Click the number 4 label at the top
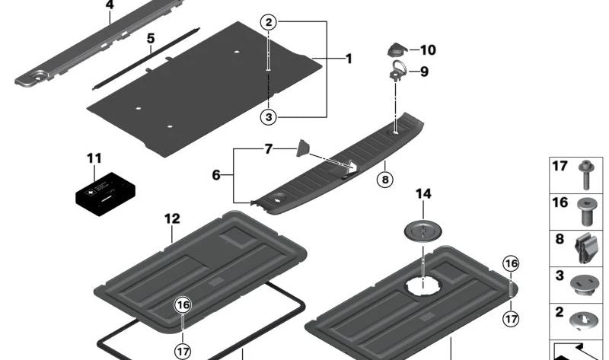[110, 5]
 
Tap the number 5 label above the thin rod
[151, 38]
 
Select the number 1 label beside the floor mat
[349, 59]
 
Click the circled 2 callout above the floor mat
[268, 23]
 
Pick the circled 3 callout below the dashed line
[268, 116]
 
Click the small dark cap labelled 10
[396, 50]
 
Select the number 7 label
[268, 149]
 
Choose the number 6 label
[215, 174]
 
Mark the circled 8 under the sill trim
[385, 180]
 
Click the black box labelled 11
[105, 190]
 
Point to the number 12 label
[172, 219]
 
